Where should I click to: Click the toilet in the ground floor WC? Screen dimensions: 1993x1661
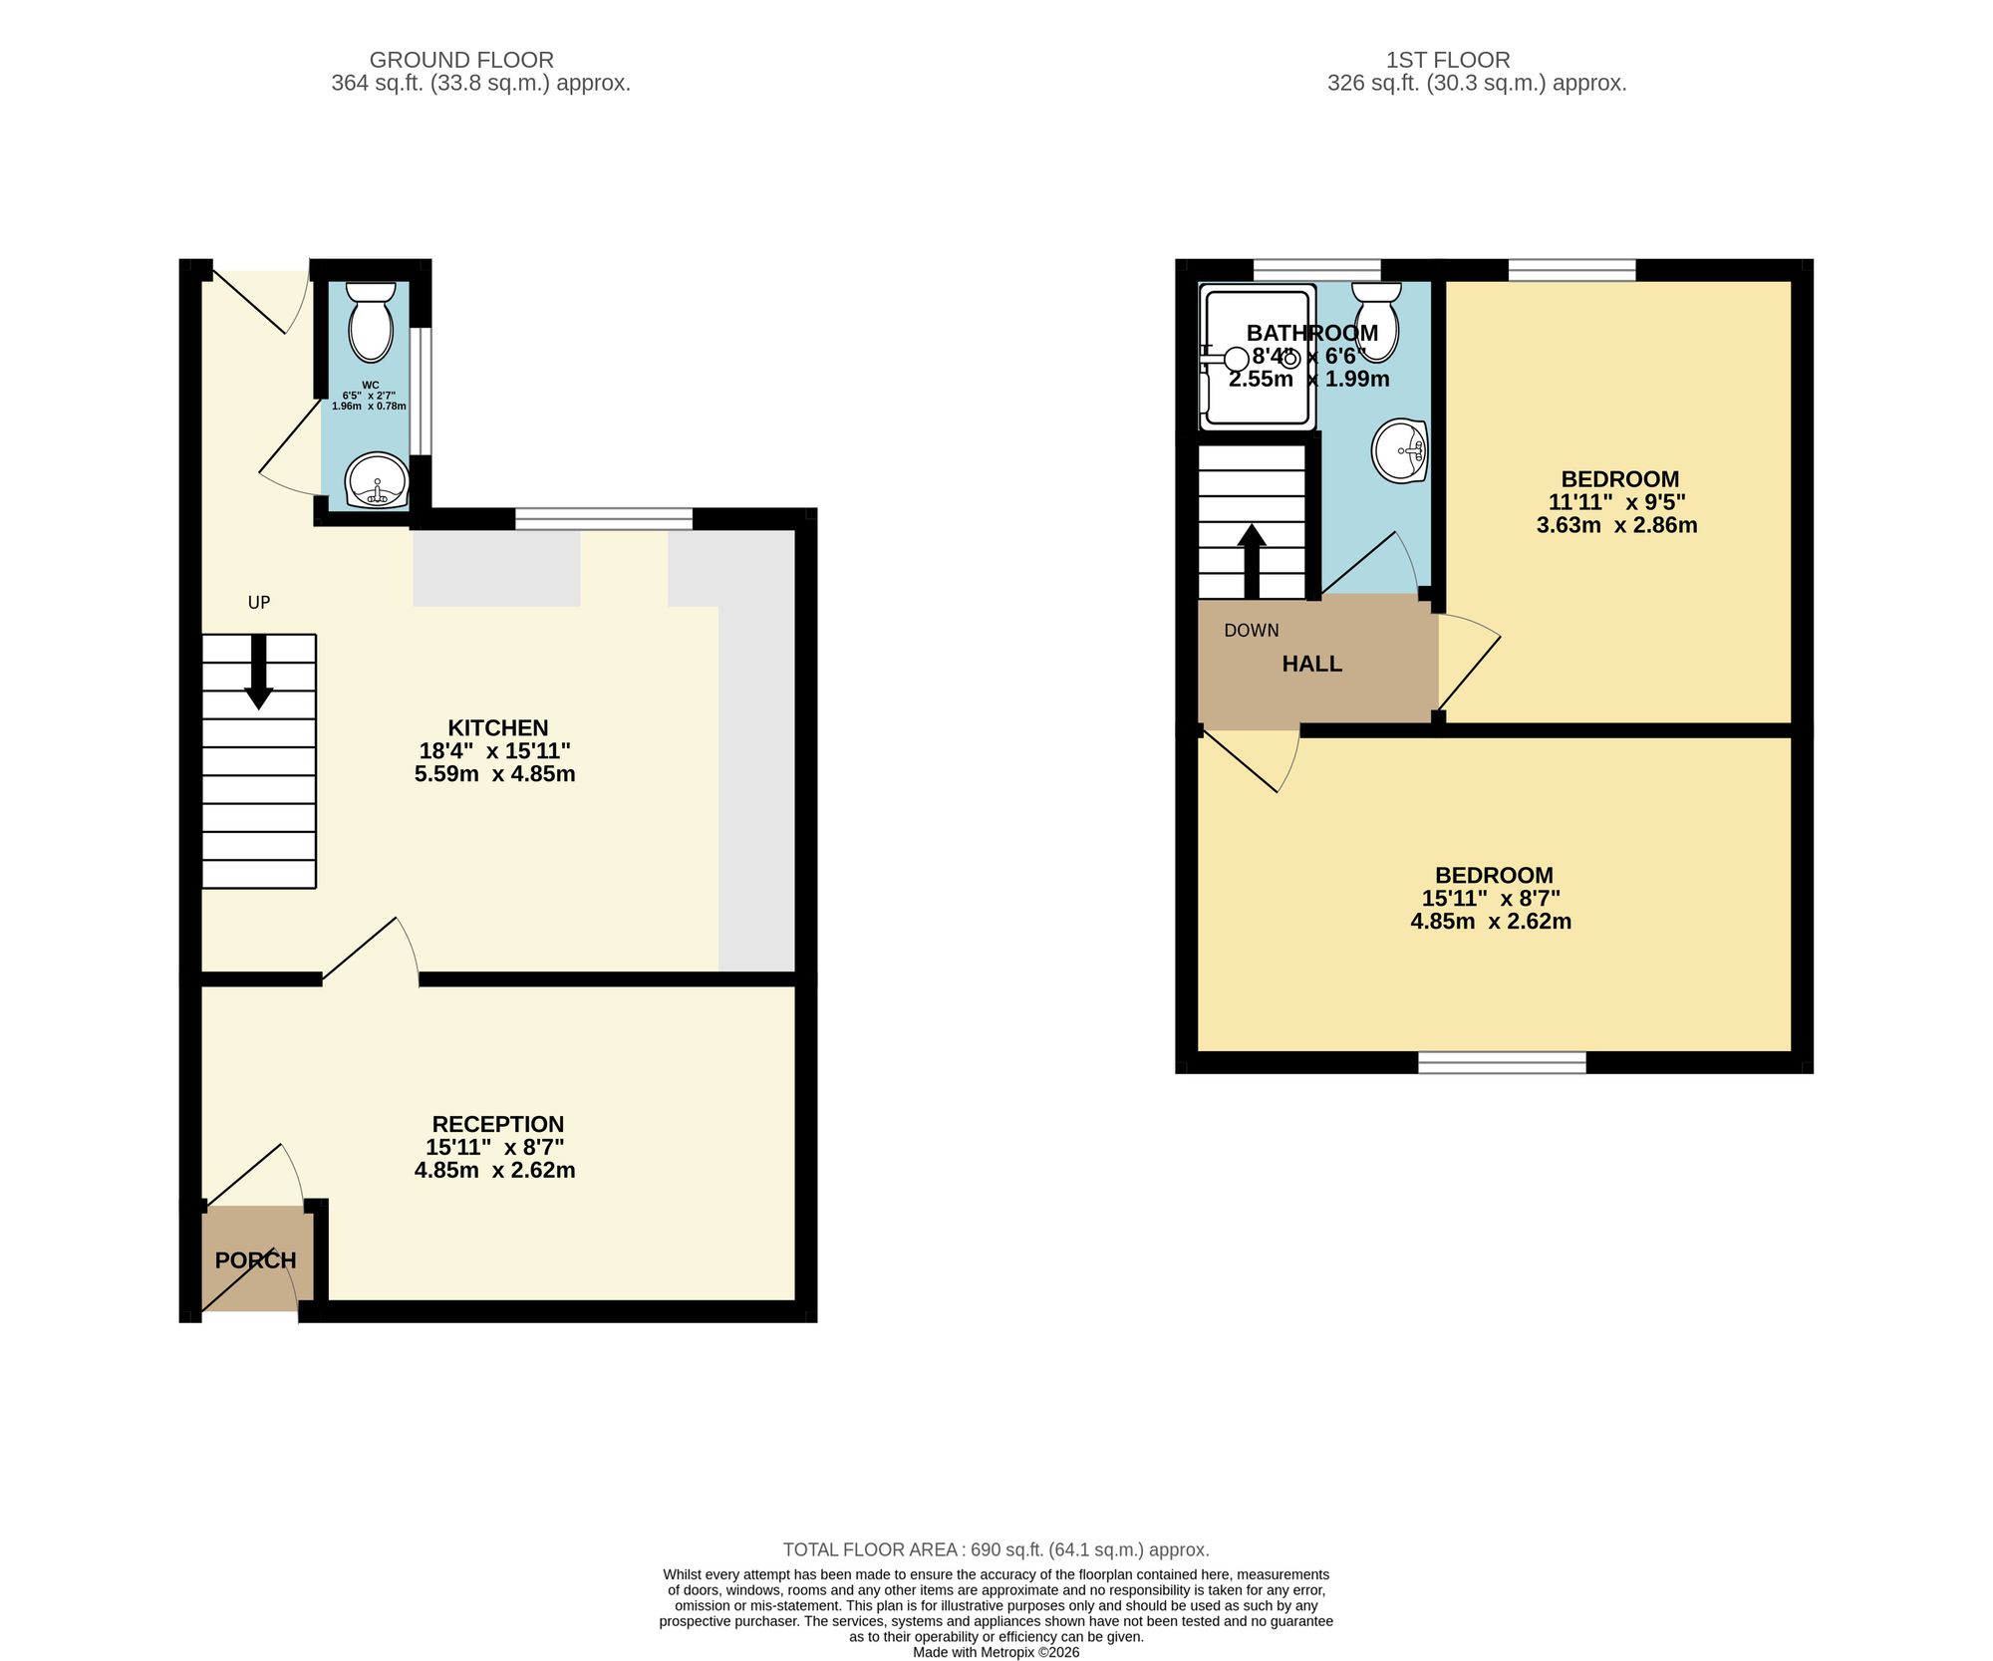[x=371, y=321]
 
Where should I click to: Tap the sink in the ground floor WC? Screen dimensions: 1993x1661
[x=378, y=480]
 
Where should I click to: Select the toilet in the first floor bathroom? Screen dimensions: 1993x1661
[x=1376, y=321]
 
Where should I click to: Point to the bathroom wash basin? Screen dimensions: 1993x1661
[x=1400, y=450]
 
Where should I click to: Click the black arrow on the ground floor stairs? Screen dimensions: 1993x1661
[x=259, y=672]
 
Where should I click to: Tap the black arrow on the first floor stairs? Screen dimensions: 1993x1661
[x=1252, y=561]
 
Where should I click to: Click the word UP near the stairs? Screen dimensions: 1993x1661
[x=259, y=603]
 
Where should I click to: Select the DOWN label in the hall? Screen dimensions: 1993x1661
[x=1252, y=631]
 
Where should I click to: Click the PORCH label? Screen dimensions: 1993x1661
[x=256, y=1260]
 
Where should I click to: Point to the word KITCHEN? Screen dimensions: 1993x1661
[x=498, y=728]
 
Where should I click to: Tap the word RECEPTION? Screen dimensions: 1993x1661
[x=498, y=1125]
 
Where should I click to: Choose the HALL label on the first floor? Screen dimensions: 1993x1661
[x=1312, y=665]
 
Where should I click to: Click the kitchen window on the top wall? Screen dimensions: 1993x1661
[x=604, y=518]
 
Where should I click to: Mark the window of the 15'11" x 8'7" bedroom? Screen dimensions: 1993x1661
[x=1502, y=1062]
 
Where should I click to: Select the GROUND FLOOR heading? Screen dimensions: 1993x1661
[x=461, y=61]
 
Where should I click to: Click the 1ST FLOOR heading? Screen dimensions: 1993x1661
[x=1448, y=61]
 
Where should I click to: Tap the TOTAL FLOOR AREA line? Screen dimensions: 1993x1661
[x=996, y=1550]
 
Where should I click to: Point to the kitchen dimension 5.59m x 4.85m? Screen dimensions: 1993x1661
[x=495, y=774]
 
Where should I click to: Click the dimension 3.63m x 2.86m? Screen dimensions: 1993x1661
[x=1617, y=525]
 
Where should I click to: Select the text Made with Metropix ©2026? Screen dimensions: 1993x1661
[x=996, y=1652]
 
